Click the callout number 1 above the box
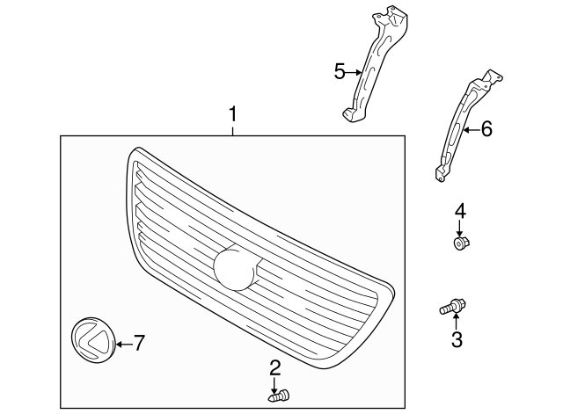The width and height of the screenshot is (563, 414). pos(233,113)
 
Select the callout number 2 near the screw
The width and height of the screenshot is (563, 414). pos(274,367)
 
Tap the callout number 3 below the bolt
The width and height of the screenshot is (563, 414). pos(456,340)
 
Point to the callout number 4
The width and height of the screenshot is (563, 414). pos(459,210)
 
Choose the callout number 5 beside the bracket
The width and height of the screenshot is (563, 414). pos(340,71)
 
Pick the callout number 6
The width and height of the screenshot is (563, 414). pos(486,129)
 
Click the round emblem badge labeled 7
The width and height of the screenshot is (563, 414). pos(91,342)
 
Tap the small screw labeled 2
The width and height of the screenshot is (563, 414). pos(280,397)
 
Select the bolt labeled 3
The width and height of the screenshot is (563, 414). pos(452,307)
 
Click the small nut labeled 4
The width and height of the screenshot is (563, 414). pos(459,243)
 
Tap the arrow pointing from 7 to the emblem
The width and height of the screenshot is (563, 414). pos(123,343)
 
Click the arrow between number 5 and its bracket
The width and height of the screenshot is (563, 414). pos(355,72)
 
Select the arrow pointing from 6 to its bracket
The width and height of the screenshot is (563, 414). pos(471,130)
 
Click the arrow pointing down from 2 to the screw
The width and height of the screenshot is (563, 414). pos(274,382)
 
